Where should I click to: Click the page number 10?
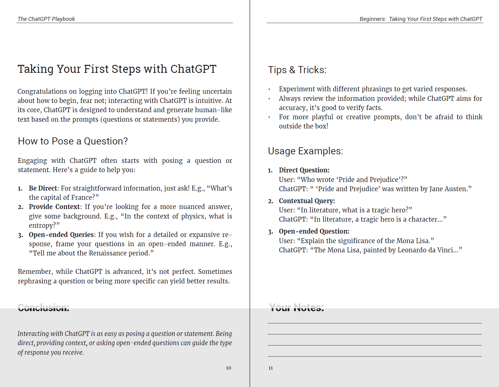click(229, 368)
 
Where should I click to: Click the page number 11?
click(271, 368)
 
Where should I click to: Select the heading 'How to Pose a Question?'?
click(73, 141)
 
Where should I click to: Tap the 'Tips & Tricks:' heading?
click(297, 70)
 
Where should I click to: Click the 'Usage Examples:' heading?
click(305, 151)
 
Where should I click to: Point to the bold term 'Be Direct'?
click(43, 188)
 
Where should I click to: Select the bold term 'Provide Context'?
click(54, 207)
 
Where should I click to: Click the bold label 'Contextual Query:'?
click(307, 201)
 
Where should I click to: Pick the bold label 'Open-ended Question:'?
click(314, 231)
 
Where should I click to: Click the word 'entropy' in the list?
click(42, 226)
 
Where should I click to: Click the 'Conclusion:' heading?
click(44, 307)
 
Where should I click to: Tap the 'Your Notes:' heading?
click(297, 307)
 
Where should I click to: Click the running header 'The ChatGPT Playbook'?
click(46, 19)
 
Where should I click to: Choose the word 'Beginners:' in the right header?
click(373, 19)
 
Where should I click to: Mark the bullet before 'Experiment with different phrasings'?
click(269, 89)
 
